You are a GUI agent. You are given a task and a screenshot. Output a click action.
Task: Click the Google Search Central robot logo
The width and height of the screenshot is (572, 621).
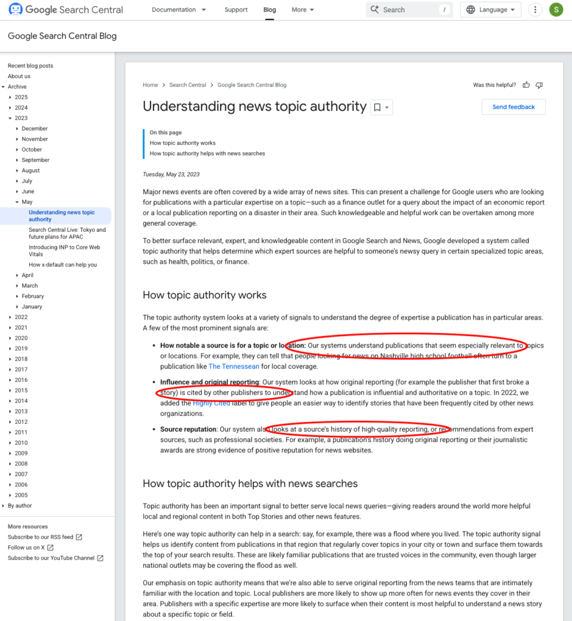tap(15, 10)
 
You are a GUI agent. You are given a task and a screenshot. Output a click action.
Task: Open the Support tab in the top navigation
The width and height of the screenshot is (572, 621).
tap(236, 10)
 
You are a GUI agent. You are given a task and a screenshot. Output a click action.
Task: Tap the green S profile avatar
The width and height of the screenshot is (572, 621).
tap(556, 10)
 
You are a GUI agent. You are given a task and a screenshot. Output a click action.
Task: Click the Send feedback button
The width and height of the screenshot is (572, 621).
tap(513, 107)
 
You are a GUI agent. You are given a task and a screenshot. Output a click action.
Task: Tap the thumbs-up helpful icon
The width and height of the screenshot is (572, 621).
tap(526, 85)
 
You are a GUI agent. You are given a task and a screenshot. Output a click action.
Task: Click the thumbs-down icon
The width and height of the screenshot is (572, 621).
tap(539, 85)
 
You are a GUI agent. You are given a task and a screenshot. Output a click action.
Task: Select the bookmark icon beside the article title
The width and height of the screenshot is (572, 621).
tap(377, 107)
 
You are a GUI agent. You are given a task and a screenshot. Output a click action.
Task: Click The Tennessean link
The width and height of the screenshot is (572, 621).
tap(234, 366)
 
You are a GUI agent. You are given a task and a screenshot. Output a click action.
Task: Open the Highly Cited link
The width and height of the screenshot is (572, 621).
tap(212, 403)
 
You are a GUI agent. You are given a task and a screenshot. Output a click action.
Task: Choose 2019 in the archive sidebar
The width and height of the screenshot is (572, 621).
tap(21, 349)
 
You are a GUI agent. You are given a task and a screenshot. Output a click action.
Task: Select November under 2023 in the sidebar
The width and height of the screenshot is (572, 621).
tap(35, 139)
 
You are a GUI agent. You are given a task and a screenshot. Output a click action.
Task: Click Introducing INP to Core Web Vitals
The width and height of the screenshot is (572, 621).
tap(64, 250)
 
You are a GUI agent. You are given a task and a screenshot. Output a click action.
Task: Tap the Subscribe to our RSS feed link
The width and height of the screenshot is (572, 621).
tap(41, 537)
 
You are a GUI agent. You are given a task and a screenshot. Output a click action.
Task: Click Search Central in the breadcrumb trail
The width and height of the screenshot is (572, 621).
tap(187, 85)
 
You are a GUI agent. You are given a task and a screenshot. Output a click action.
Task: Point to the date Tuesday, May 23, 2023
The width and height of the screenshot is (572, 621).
tap(171, 174)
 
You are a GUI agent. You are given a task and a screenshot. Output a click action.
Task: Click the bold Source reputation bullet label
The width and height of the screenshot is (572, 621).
tap(189, 429)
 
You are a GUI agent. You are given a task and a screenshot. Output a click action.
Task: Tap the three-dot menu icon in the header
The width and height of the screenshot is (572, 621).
tap(535, 10)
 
